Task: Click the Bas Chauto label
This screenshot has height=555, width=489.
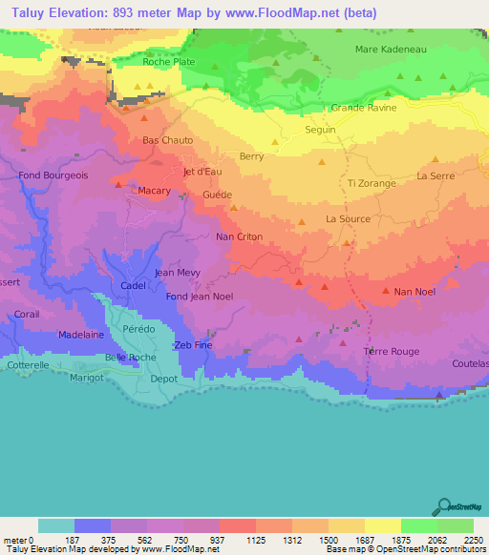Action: pos(167,140)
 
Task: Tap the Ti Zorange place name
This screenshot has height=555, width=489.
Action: pos(372,183)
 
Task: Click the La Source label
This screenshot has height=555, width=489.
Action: pos(348,218)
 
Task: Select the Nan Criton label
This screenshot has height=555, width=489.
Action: pos(239,236)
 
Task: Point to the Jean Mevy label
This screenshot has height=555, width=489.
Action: pos(177,273)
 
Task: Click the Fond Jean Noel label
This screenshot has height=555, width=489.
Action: pos(199,297)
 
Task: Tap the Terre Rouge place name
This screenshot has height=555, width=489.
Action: pos(392,352)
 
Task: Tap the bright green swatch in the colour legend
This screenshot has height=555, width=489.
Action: pos(418,525)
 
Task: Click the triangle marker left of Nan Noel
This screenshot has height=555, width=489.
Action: pos(385,290)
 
